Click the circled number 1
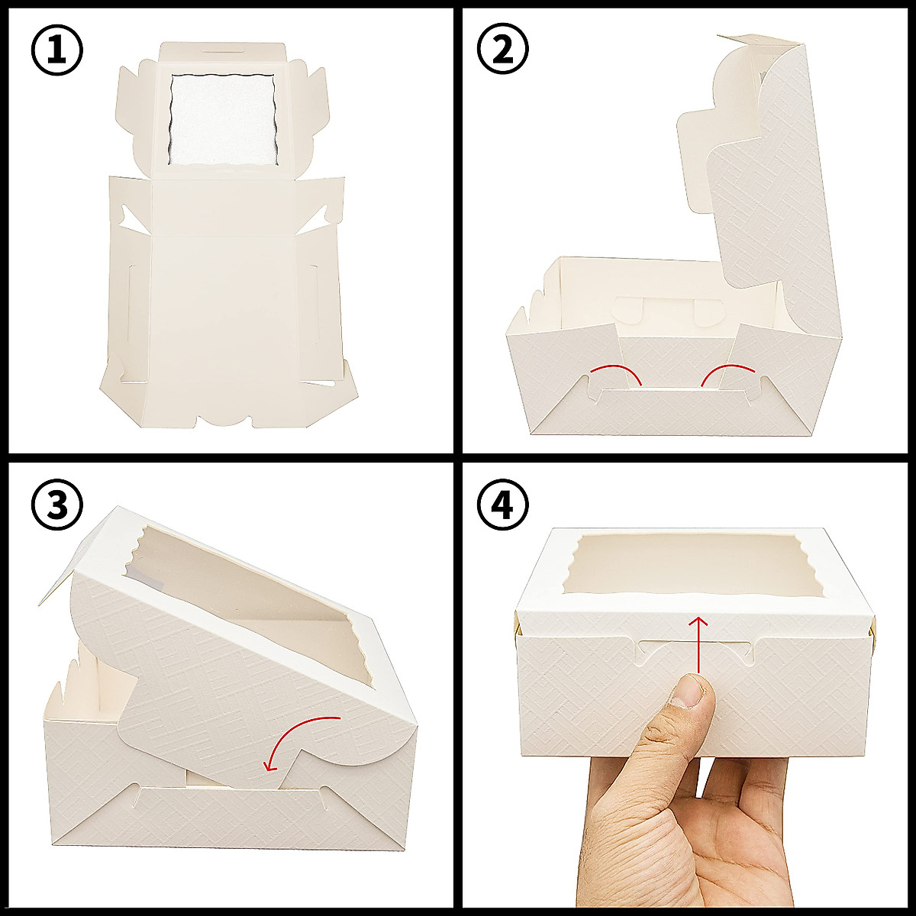click(56, 50)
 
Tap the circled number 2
click(502, 50)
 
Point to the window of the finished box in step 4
click(693, 565)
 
